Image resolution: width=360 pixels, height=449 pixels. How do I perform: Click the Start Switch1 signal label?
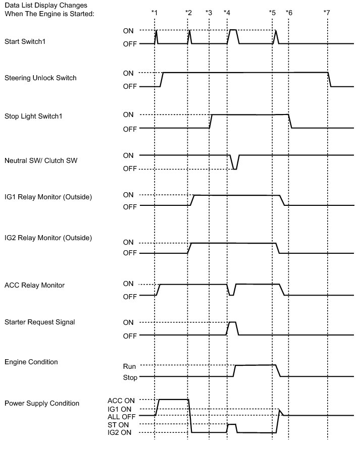click(x=25, y=41)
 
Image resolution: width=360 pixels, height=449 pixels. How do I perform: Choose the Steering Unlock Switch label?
click(x=40, y=78)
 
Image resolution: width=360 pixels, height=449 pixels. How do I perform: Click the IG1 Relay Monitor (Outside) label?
click(x=48, y=197)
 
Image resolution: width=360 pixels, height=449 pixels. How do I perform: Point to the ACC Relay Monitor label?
click(x=34, y=286)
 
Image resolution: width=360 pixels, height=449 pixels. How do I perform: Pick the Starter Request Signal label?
click(x=39, y=322)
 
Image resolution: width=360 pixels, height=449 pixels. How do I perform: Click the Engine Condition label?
click(x=31, y=362)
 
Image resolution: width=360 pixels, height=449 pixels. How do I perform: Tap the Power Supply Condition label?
click(x=42, y=403)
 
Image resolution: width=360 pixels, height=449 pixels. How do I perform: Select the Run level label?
click(x=129, y=366)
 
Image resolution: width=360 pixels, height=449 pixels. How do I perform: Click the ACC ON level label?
click(x=121, y=400)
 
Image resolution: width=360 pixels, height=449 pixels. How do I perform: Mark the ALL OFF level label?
click(x=122, y=416)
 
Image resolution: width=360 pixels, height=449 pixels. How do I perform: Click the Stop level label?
click(x=129, y=377)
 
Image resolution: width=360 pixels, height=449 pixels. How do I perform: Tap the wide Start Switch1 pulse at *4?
click(x=233, y=31)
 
